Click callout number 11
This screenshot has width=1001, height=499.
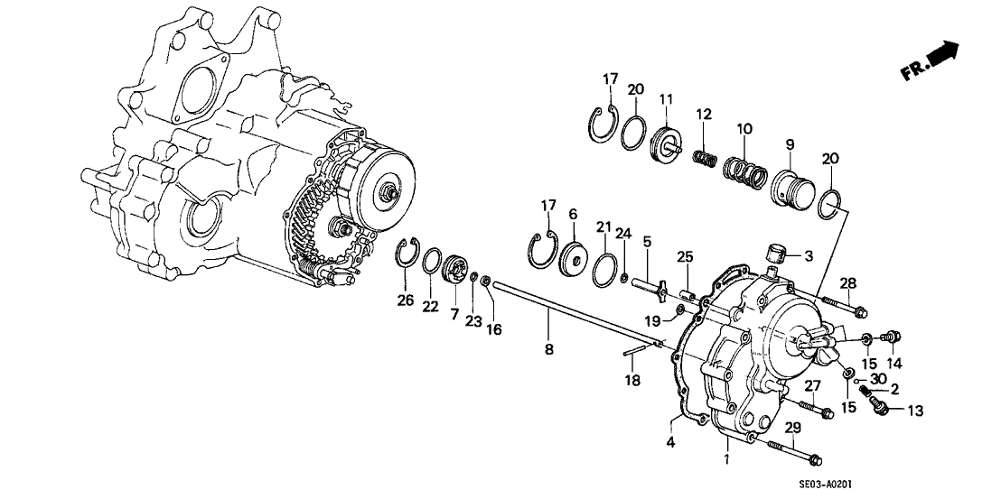(665, 98)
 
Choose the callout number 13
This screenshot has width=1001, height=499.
(913, 411)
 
